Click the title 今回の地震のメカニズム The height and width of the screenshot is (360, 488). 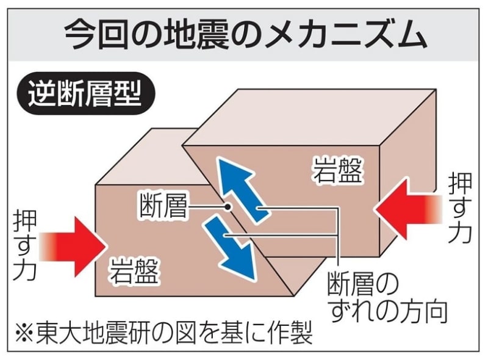[x=245, y=35]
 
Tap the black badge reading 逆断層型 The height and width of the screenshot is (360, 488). [x=86, y=93]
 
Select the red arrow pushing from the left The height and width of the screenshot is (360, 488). [x=73, y=247]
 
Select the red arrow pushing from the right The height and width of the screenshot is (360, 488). [x=407, y=209]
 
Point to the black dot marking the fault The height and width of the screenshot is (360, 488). [x=228, y=206]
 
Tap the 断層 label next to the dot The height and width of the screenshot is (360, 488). [x=163, y=206]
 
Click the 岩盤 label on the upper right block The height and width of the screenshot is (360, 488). [x=338, y=170]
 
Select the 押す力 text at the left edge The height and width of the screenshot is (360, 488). [x=25, y=245]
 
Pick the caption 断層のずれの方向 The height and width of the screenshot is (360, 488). [x=387, y=298]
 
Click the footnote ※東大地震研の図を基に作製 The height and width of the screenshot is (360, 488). [x=163, y=334]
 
